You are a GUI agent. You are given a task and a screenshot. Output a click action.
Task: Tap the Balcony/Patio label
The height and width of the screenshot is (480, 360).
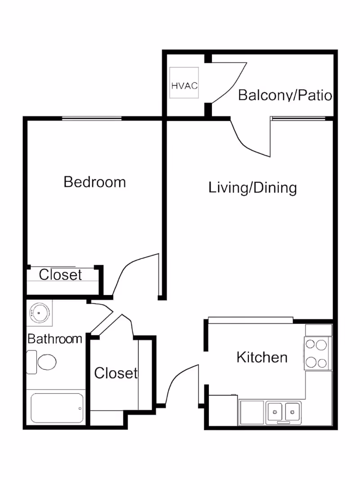[285, 95]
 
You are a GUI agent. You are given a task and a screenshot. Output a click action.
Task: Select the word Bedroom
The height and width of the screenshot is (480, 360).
[94, 182]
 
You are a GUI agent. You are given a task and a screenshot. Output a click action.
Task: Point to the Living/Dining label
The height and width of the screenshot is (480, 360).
[252, 187]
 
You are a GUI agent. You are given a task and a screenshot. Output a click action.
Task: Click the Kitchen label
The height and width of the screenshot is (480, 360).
[262, 357]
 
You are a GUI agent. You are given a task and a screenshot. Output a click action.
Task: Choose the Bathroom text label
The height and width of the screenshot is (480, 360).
[55, 338]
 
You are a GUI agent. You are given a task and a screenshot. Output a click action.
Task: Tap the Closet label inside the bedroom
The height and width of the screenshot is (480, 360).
[60, 274]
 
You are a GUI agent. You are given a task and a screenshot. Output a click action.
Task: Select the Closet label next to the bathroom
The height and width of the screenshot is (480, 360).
[115, 373]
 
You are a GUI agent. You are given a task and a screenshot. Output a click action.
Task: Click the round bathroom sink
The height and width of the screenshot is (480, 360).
[40, 312]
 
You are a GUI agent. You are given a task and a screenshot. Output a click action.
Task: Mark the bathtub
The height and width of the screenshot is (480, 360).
[57, 408]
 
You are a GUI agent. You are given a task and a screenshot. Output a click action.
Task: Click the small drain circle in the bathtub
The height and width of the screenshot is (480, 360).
[80, 408]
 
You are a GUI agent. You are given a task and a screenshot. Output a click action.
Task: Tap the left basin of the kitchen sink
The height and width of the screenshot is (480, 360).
[274, 411]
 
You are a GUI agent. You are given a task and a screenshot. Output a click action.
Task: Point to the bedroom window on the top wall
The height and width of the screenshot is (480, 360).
[91, 119]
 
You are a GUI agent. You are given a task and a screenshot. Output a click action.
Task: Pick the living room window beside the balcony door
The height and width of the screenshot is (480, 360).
[298, 119]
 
